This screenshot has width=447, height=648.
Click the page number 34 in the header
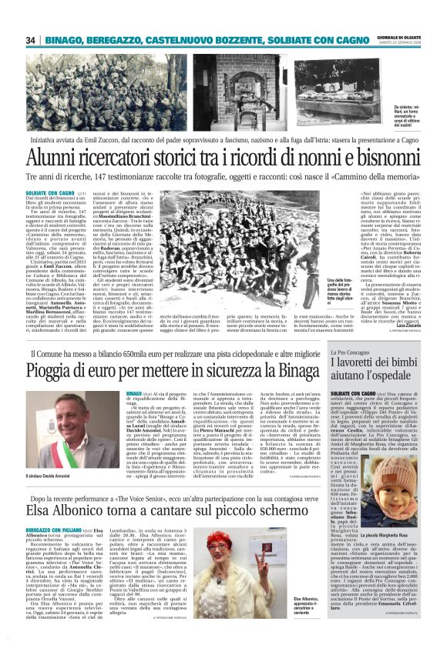(32, 40)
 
